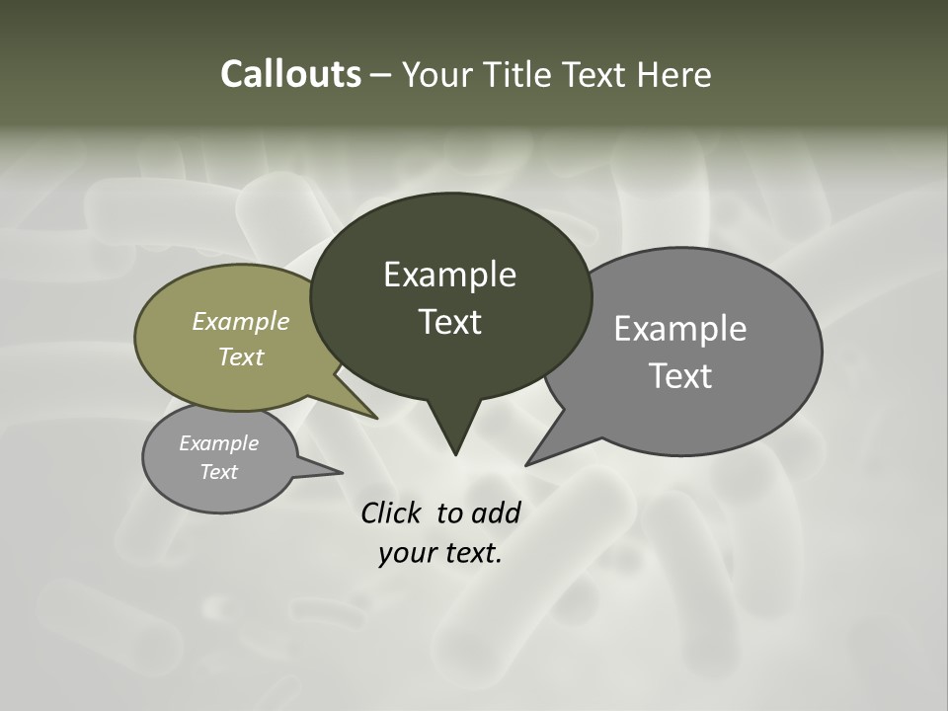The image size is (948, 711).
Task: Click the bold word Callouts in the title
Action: tap(290, 74)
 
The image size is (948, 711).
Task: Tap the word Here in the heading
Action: tap(675, 74)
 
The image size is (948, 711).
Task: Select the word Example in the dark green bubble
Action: tap(449, 275)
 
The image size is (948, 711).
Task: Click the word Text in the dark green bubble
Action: tap(449, 322)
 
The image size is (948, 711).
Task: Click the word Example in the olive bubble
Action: tap(241, 321)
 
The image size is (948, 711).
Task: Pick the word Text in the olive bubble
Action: tap(241, 356)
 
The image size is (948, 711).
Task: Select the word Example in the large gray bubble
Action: tap(680, 329)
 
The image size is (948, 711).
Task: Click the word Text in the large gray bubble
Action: tap(680, 376)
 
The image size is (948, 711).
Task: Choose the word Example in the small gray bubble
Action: tap(218, 443)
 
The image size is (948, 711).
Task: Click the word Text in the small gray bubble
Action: tap(218, 472)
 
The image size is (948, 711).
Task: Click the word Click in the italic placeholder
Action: tap(392, 513)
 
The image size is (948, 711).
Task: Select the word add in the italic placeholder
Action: tap(495, 513)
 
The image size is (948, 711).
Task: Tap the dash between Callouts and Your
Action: tap(381, 75)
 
